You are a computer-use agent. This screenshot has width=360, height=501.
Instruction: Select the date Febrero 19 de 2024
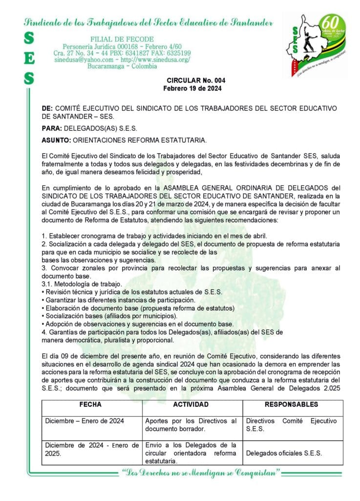coord(192,89)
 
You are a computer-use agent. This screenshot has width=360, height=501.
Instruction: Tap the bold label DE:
coord(47,108)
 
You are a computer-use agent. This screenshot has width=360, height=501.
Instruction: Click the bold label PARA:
coord(52,129)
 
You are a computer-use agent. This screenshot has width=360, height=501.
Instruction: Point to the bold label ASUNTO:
coord(56,141)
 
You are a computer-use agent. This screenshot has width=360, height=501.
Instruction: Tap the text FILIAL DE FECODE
coord(122,39)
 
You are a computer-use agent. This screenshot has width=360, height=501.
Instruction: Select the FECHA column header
coord(90,405)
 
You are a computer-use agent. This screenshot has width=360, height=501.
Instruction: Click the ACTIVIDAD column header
coord(191,405)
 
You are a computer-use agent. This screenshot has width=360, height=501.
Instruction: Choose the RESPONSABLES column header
coord(291,405)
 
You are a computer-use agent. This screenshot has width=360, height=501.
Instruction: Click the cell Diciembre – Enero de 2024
coord(85,421)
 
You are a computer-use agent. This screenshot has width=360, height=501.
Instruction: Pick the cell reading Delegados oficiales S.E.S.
coord(284,453)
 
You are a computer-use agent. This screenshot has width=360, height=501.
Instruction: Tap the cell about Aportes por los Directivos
coord(191,425)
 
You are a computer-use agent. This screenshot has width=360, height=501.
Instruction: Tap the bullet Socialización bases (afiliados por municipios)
coord(105,316)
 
